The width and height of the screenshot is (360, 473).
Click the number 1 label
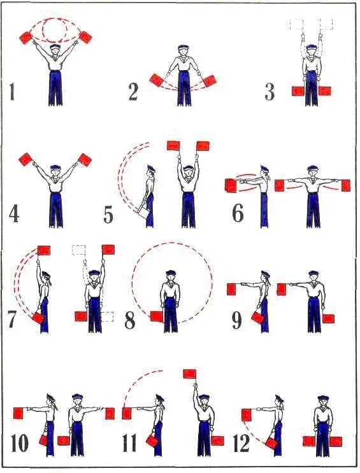pos(11,92)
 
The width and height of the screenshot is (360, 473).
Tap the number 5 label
pos(108,215)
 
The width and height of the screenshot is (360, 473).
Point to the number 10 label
pos(20,443)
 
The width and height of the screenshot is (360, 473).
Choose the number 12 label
pos(241,443)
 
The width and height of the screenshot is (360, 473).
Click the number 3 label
pos(270,92)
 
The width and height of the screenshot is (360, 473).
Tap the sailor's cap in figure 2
pos(183,47)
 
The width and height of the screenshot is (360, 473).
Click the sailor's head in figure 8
pos(171,277)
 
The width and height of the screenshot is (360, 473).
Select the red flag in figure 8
pos(157,316)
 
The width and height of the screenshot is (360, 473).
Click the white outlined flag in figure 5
pos(143,212)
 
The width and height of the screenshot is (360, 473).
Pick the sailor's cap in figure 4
pos(55,167)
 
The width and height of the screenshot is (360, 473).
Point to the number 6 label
pos(238,213)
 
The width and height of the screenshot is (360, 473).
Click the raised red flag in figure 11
pos(190,374)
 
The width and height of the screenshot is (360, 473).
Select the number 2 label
pos(133,92)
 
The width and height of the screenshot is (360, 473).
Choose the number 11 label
pos(129,443)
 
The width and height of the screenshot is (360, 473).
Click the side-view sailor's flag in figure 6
pos(231,185)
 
